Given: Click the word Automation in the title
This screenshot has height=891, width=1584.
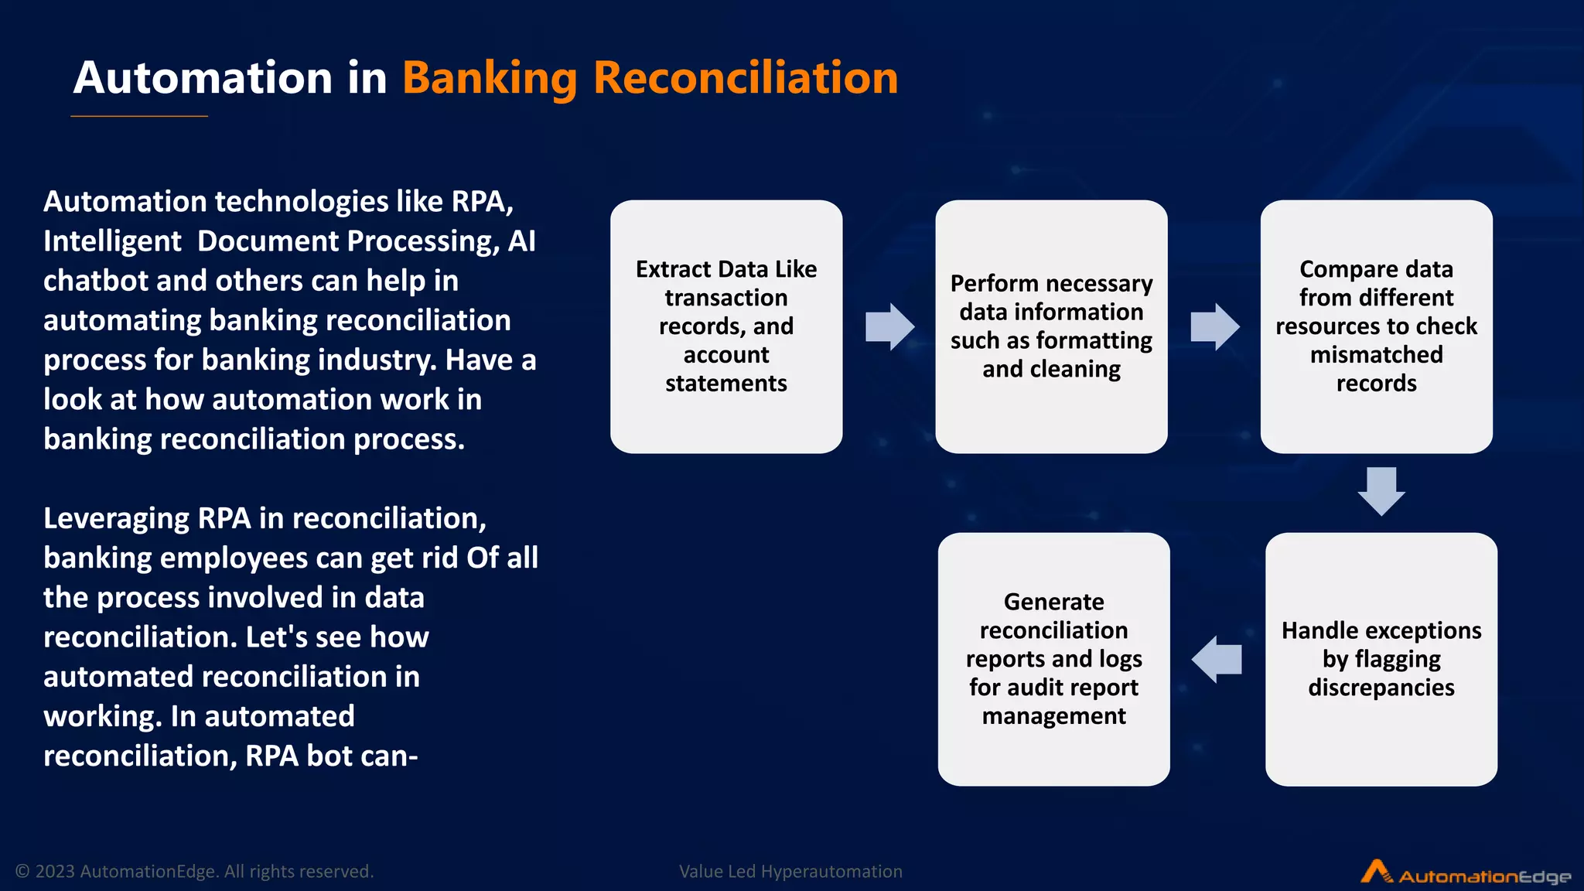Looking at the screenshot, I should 203,78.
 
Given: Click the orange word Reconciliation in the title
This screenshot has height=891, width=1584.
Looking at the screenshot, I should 745,78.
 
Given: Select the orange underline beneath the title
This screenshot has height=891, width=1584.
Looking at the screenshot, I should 139,116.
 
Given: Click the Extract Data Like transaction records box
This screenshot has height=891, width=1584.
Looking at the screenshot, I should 725,326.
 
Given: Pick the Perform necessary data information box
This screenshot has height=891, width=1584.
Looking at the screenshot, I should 1051,326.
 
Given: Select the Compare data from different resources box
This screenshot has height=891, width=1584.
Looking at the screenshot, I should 1376,326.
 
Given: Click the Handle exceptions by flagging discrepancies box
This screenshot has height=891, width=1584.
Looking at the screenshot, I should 1381,659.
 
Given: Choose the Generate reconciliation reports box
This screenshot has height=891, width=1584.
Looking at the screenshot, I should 1053,659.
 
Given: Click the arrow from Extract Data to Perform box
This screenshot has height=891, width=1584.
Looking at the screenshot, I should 889,326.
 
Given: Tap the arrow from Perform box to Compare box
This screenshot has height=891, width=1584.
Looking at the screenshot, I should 1214,326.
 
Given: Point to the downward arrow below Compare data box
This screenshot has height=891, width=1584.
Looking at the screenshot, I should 1381,491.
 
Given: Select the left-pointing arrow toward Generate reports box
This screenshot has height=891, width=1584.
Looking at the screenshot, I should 1217,659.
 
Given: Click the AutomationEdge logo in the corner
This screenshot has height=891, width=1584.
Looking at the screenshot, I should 1465,874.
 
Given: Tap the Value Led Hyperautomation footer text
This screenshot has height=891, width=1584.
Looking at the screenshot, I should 790,872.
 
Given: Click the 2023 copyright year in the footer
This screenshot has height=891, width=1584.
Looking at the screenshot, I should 55,872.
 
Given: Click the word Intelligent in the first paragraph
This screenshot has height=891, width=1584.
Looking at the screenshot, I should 112,241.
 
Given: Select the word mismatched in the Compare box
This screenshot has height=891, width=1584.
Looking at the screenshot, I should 1376,355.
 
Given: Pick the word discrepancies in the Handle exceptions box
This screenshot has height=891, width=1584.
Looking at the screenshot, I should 1381,688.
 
